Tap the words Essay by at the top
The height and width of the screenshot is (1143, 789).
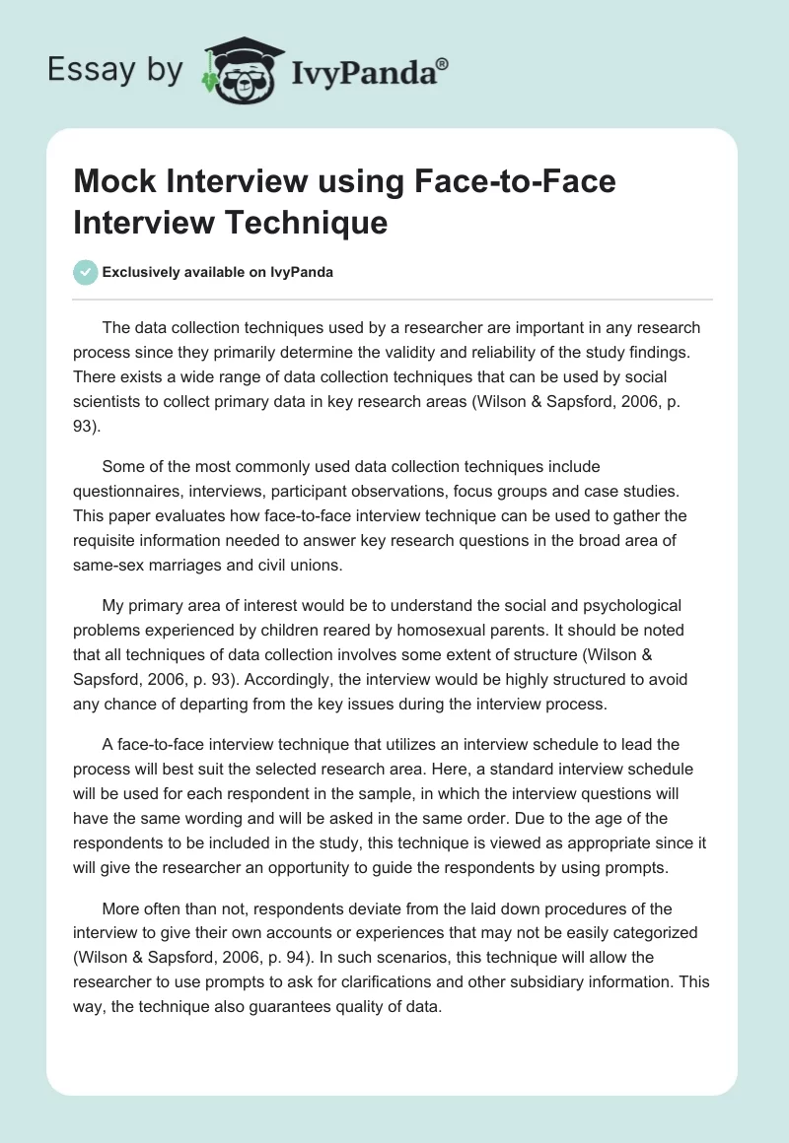(116, 71)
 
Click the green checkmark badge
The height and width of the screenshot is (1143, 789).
(86, 272)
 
